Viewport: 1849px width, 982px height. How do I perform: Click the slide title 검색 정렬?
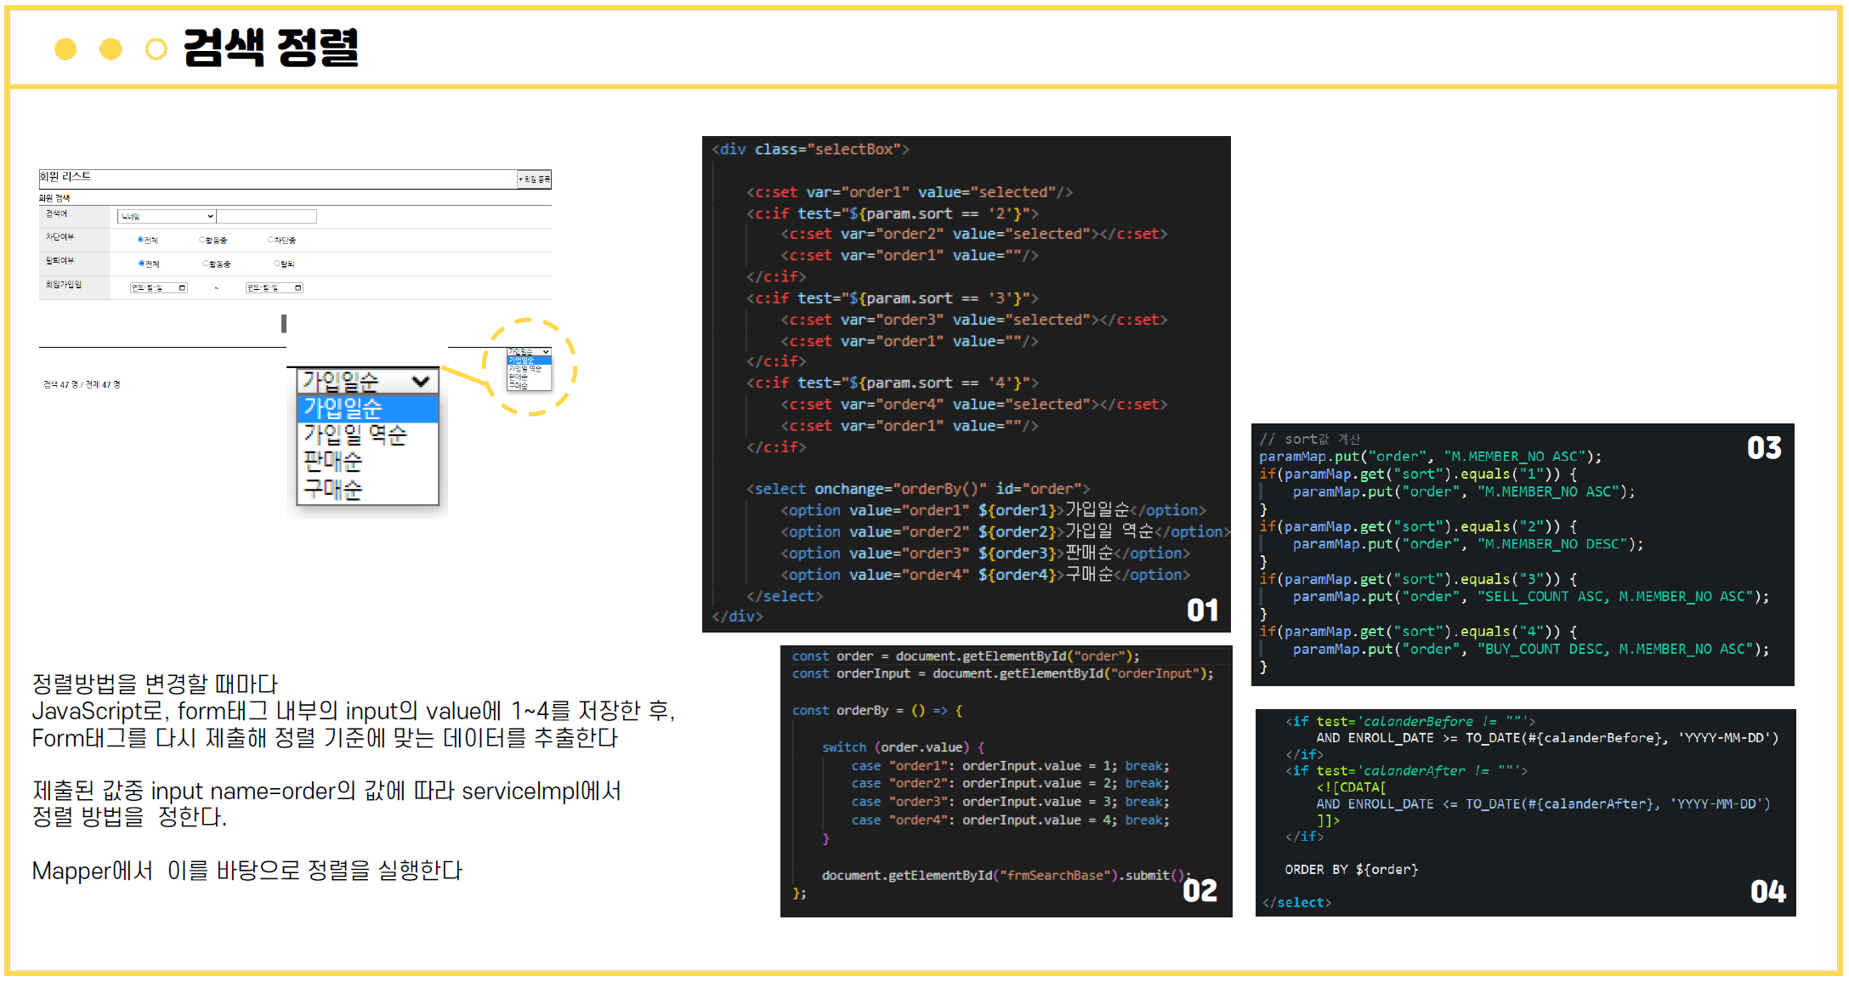click(270, 48)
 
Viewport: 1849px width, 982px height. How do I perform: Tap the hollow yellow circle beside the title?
click(156, 49)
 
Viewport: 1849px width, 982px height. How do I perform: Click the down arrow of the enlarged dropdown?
click(420, 381)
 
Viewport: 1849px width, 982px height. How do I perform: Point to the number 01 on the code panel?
click(1202, 610)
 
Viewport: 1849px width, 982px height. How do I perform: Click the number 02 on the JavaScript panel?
click(1200, 890)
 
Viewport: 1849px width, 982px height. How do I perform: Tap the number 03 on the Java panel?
click(1764, 448)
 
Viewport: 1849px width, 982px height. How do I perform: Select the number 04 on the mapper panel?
click(1767, 891)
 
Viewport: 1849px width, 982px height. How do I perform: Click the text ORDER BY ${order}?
click(1351, 869)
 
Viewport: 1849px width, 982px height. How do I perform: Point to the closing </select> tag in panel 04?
click(1296, 902)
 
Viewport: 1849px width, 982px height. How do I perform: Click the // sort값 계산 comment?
click(1309, 439)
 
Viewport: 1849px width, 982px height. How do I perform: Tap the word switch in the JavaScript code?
click(843, 747)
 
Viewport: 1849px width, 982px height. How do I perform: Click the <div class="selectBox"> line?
click(810, 150)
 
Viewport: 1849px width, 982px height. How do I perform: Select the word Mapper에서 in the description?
click(93, 871)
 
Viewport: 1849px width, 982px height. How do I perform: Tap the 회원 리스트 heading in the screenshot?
click(65, 177)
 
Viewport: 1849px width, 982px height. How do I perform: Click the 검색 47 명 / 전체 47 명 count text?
click(82, 384)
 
